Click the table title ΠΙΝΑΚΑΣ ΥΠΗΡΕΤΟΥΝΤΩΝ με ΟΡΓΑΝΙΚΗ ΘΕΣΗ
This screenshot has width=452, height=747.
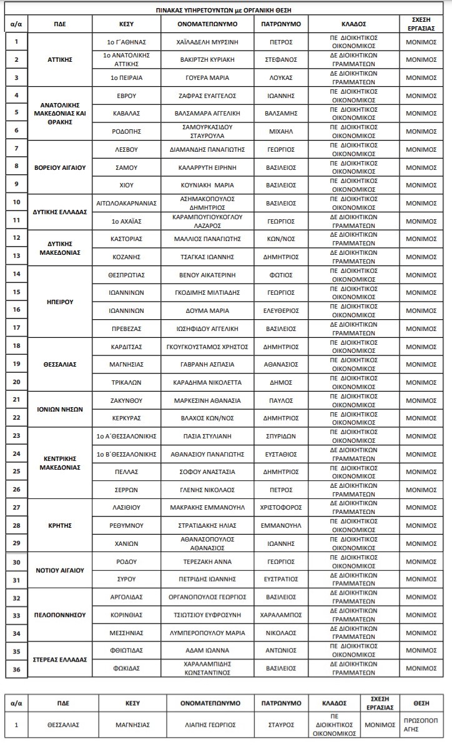point(227,11)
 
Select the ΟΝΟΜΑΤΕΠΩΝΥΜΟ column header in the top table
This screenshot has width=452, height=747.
point(207,24)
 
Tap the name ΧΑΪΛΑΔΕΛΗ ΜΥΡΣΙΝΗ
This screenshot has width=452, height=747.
point(207,42)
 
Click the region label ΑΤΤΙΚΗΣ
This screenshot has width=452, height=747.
point(61,60)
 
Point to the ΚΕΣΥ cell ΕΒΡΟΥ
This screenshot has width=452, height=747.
point(127,96)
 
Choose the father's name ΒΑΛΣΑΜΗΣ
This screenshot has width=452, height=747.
point(281,113)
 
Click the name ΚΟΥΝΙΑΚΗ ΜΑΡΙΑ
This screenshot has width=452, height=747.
point(207,186)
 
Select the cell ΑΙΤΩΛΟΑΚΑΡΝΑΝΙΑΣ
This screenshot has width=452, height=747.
point(127,203)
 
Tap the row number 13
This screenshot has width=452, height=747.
point(16,255)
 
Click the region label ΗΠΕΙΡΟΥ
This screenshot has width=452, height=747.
point(61,301)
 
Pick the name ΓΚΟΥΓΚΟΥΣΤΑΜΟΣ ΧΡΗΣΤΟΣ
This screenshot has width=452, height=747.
point(207,347)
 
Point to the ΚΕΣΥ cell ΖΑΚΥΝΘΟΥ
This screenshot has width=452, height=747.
point(127,400)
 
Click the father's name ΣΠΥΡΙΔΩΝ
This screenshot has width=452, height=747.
point(281,436)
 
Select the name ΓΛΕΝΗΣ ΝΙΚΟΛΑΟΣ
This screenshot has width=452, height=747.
point(207,490)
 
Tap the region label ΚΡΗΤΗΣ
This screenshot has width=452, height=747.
point(61,525)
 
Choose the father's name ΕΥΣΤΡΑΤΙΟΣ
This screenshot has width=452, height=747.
point(281,579)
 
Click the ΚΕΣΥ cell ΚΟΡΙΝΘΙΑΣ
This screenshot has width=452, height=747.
point(127,615)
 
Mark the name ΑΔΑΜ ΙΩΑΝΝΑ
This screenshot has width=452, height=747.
point(207,651)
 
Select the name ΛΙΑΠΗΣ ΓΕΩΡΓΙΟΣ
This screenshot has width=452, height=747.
point(207,725)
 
